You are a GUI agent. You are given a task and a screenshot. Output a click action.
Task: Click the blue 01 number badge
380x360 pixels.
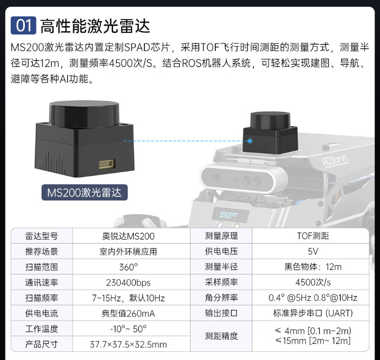23,25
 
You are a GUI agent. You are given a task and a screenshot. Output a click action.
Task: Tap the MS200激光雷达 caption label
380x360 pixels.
84,192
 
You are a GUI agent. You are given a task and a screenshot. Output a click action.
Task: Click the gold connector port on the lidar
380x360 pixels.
107,164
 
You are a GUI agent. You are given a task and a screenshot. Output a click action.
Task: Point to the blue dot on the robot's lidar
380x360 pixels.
250,141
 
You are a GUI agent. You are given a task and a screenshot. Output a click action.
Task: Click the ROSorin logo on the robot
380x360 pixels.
334,161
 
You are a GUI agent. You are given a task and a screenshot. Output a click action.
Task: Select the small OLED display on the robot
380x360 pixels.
230,215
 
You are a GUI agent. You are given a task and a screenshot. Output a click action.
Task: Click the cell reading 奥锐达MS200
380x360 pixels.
128,236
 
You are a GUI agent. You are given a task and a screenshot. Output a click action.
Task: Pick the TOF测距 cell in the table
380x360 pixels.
313,236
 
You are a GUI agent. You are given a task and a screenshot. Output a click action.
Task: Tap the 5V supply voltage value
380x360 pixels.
313,251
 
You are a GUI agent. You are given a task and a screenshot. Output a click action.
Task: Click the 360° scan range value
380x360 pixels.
129,267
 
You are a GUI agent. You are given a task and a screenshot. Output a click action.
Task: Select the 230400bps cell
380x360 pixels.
128,283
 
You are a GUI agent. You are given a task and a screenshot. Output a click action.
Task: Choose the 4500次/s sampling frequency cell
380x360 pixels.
313,282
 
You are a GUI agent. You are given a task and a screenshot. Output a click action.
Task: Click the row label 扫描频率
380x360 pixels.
42,298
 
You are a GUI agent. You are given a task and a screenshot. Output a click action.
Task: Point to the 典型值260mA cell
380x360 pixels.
128,313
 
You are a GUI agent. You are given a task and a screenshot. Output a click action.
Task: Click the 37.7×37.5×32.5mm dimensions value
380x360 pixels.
128,344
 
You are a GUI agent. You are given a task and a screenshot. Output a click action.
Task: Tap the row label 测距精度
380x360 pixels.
221,336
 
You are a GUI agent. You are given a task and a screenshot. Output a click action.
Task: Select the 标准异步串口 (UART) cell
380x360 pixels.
313,313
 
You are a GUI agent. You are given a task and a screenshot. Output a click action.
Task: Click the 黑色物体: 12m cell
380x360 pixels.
313,267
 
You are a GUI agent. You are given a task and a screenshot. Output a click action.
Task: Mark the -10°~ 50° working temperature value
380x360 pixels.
128,329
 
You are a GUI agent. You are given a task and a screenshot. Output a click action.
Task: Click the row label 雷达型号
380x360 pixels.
42,236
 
